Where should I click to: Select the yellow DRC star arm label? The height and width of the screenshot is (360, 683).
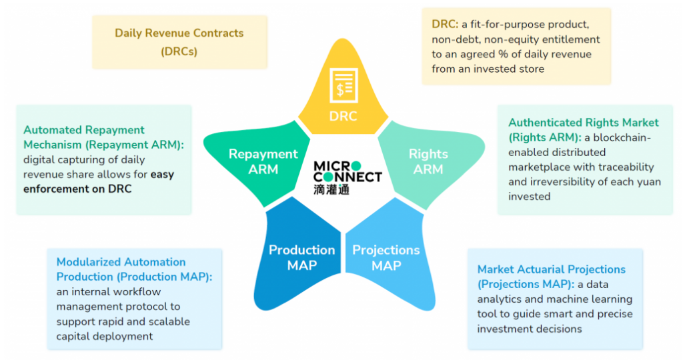click(x=344, y=116)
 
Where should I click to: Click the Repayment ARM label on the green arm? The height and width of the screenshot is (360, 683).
click(x=263, y=161)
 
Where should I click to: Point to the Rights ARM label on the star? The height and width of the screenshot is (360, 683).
click(x=428, y=161)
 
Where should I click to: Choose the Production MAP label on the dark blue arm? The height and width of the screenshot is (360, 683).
click(x=301, y=257)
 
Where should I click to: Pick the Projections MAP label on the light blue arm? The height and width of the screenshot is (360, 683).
click(x=386, y=257)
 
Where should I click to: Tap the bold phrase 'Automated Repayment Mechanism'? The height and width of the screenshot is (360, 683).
click(x=83, y=137)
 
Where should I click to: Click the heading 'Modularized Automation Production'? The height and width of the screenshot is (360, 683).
click(x=121, y=269)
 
